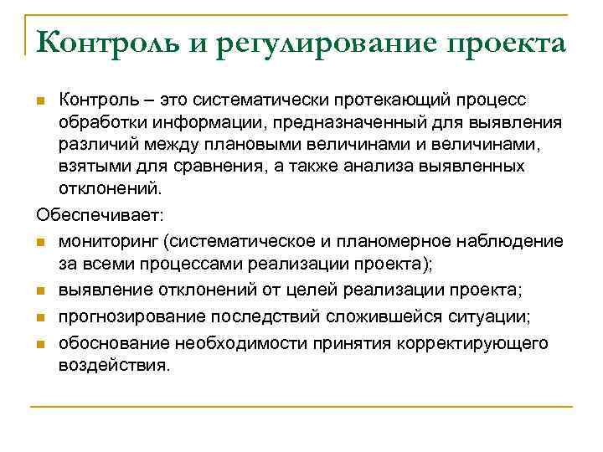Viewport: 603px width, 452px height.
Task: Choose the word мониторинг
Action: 109,243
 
